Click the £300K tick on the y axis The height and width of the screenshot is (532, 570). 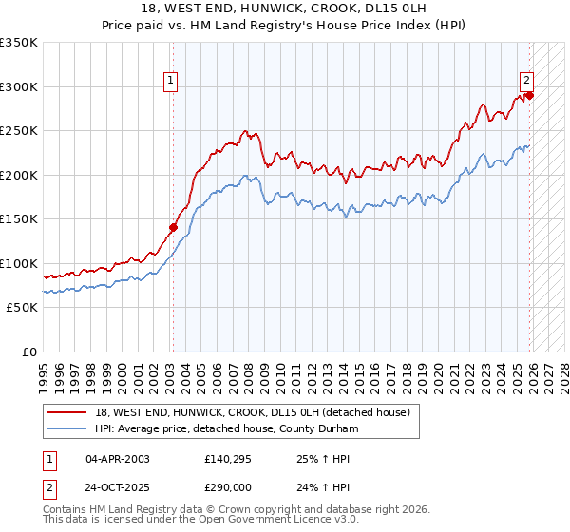(x=19, y=86)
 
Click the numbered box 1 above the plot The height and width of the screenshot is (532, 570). (x=171, y=82)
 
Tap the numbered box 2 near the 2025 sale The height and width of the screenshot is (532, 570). (x=525, y=82)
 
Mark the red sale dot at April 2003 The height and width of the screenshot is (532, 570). (x=173, y=227)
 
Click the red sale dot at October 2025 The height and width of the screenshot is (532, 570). (x=530, y=95)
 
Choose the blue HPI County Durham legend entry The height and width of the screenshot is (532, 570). (x=226, y=429)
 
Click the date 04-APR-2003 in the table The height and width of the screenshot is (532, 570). (x=118, y=459)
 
